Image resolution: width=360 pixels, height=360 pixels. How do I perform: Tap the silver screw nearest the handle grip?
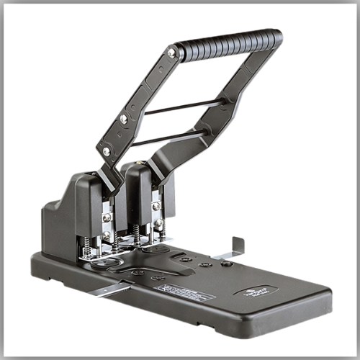pyautogui.click(x=171, y=53)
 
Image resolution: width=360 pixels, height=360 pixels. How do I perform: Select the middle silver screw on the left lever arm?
pyautogui.click(x=124, y=118)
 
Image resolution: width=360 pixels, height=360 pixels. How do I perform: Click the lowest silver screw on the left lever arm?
pyautogui.click(x=107, y=151)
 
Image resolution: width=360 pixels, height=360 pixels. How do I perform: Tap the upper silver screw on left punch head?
pyautogui.click(x=107, y=217)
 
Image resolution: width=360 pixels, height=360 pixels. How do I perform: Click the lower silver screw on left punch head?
pyautogui.click(x=107, y=235)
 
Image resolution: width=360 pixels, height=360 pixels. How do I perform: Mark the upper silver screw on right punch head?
pyautogui.click(x=156, y=206)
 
